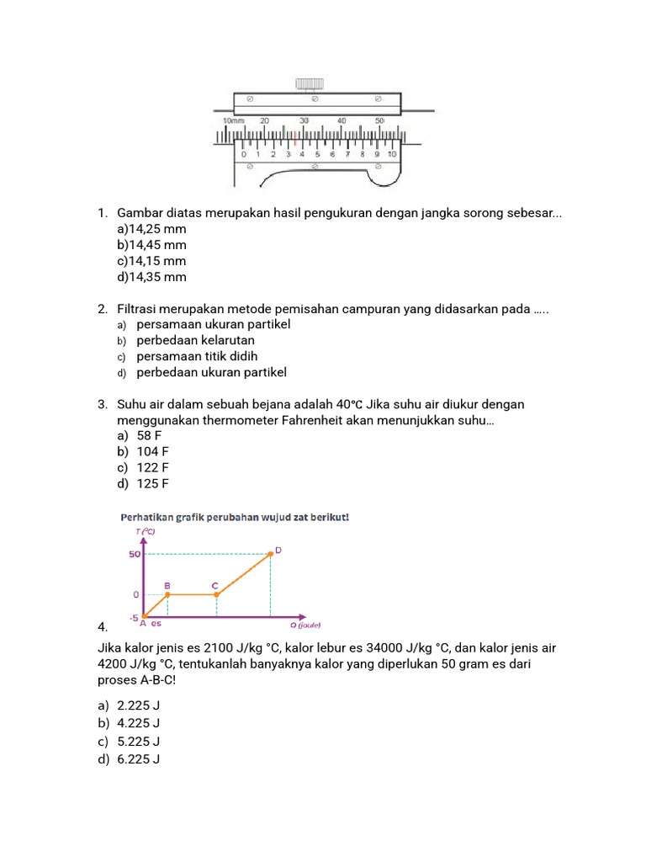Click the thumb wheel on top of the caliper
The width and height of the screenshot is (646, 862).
point(309,83)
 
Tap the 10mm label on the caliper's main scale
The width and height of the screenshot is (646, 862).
point(232,121)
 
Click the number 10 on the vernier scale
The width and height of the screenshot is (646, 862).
point(391,154)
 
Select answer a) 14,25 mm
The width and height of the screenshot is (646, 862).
point(152,229)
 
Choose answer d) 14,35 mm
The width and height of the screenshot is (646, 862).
point(152,277)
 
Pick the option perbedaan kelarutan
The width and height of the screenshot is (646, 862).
point(195,341)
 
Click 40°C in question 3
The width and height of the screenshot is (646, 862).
point(352,405)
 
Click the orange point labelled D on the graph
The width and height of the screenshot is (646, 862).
point(270,554)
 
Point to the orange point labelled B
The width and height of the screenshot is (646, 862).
point(167,594)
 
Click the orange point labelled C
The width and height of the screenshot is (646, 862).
point(217,594)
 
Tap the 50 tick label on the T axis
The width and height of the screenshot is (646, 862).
point(134,554)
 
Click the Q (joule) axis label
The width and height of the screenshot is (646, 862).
point(305,625)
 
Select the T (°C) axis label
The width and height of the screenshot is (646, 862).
point(145,531)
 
